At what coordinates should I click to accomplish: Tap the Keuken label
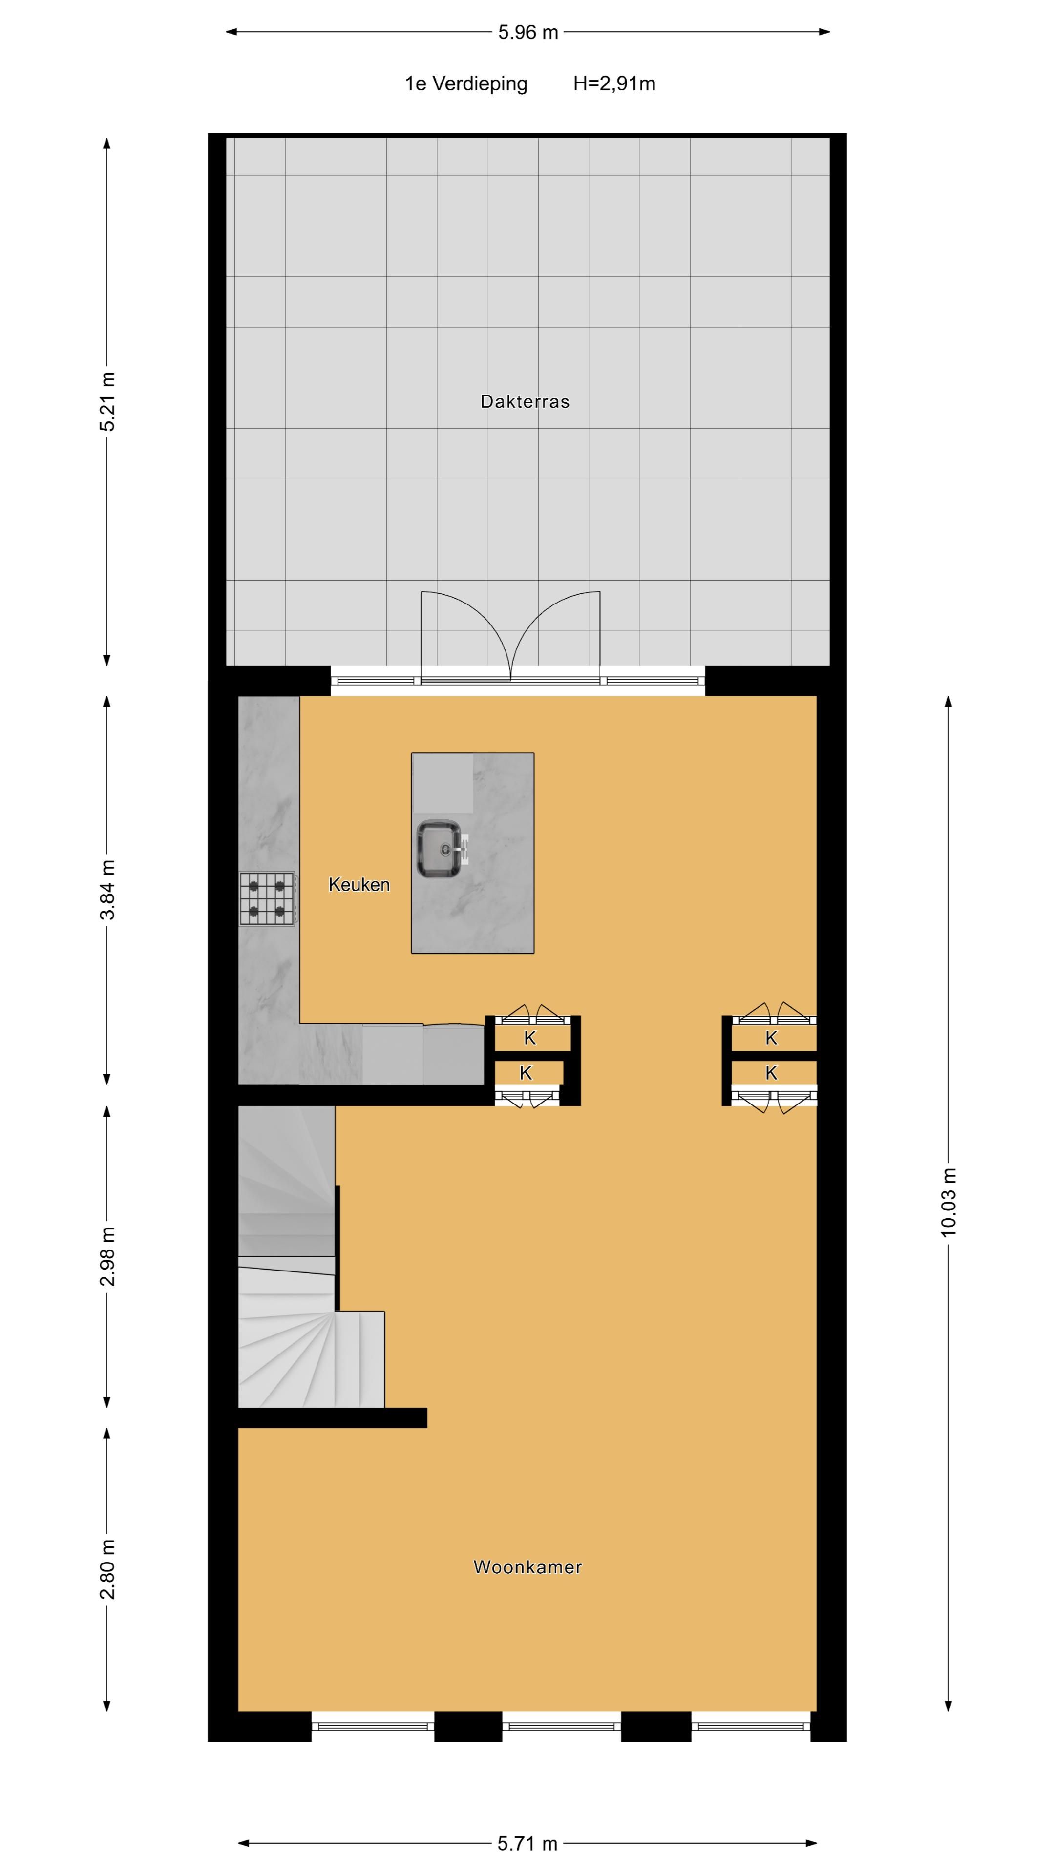pyautogui.click(x=359, y=885)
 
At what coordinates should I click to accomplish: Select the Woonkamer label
pyautogui.click(x=527, y=1567)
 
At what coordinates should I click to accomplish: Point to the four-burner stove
pyautogui.click(x=267, y=899)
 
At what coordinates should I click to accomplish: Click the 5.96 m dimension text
pyautogui.click(x=528, y=32)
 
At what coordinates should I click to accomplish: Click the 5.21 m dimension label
pyautogui.click(x=107, y=402)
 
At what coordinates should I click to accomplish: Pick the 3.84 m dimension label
pyautogui.click(x=107, y=890)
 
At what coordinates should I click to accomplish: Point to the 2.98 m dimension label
pyautogui.click(x=107, y=1256)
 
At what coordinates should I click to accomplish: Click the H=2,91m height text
pyautogui.click(x=614, y=83)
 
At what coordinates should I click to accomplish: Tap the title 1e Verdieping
pyautogui.click(x=466, y=83)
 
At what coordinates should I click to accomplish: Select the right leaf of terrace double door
pyautogui.click(x=557, y=633)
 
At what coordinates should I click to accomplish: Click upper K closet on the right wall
pyautogui.click(x=772, y=1039)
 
